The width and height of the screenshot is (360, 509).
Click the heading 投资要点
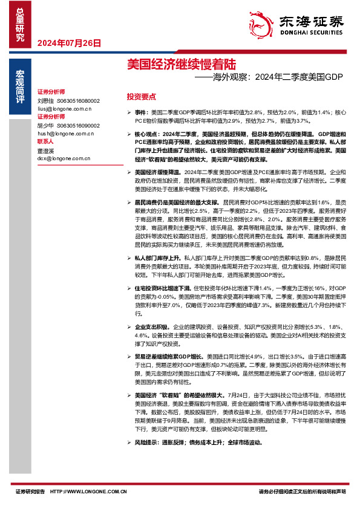[x=141, y=97]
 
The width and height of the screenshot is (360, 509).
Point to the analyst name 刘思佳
[x=45, y=101]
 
